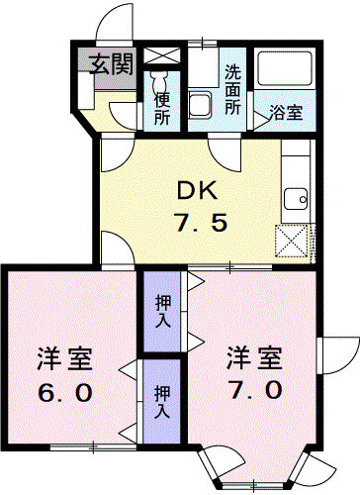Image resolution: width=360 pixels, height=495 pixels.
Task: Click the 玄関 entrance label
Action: tap(112, 66)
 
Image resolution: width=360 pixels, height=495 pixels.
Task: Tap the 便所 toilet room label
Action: tap(163, 106)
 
